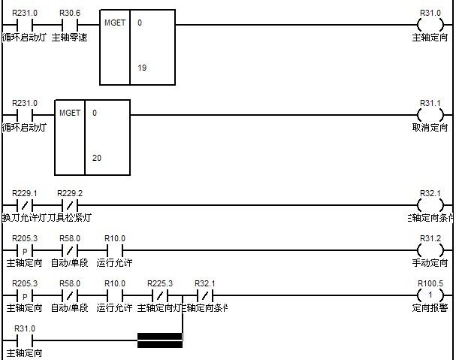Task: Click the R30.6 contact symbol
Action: [69, 26]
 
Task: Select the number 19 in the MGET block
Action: [141, 68]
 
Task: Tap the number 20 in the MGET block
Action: [96, 158]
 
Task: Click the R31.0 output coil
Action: [430, 26]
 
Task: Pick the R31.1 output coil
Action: [430, 115]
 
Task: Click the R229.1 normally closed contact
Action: [25, 205]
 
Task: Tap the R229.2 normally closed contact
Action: [69, 205]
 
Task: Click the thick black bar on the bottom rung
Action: [159, 340]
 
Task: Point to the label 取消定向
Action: [430, 127]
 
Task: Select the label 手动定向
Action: [430, 262]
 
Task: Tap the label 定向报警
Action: [430, 307]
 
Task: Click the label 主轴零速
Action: [69, 37]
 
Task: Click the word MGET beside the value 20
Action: [69, 113]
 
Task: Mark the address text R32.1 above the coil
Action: [430, 193]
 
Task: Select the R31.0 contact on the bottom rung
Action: [25, 340]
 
